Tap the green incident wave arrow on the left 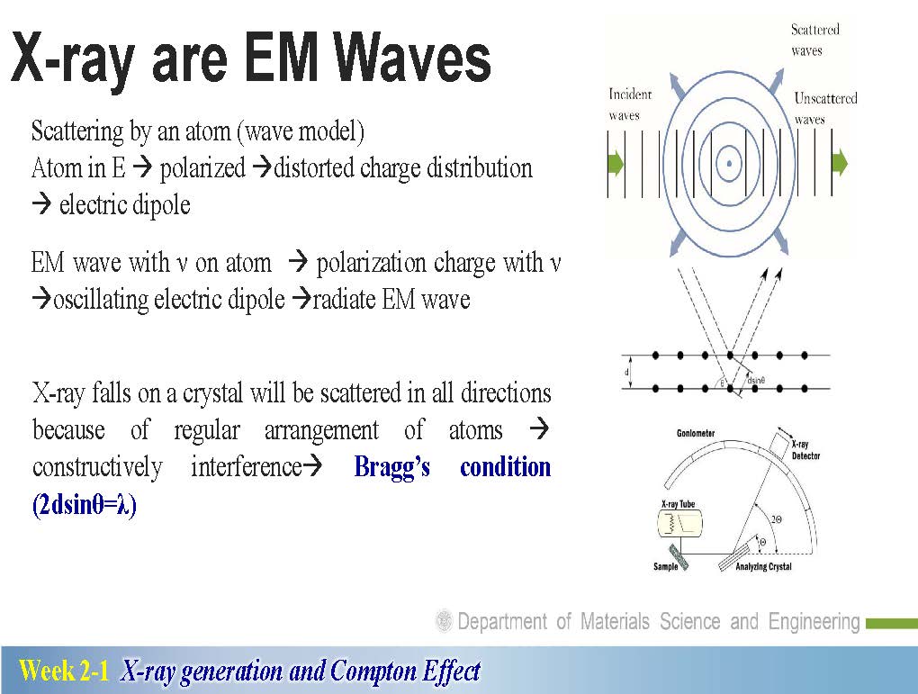[x=616, y=163]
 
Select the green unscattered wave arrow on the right [x=840, y=162]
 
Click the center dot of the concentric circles [x=729, y=164]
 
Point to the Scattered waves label [x=814, y=40]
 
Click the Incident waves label [x=630, y=104]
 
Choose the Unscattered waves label [x=825, y=108]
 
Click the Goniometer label [x=696, y=433]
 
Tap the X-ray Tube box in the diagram [x=680, y=523]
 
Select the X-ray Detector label [x=805, y=450]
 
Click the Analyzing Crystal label [x=763, y=567]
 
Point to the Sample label [x=666, y=567]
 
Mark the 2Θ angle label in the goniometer [x=777, y=519]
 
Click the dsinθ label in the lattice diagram [x=756, y=381]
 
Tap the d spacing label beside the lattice [x=626, y=373]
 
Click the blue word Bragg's [x=392, y=467]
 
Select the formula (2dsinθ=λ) [x=85, y=505]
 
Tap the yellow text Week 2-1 [x=64, y=670]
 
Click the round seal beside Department [x=445, y=621]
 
